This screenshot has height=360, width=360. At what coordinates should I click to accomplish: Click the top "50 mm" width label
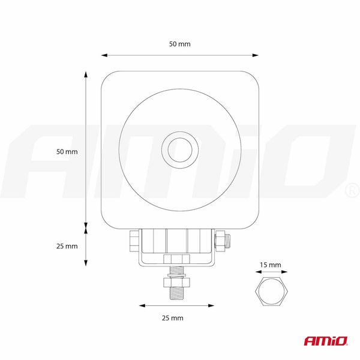pyautogui.click(x=180, y=44)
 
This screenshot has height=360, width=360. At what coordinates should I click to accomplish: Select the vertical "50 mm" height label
pyautogui.click(x=67, y=152)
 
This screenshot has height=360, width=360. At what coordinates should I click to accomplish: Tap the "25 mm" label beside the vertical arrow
pyautogui.click(x=67, y=246)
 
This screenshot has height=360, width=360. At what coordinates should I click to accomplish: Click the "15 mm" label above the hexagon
pyautogui.click(x=271, y=265)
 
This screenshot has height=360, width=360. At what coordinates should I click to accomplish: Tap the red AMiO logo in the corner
pyautogui.click(x=325, y=341)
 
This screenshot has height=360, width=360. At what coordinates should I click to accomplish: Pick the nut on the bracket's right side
pyautogui.click(x=220, y=241)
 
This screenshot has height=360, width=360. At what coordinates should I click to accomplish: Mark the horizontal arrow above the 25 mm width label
pyautogui.click(x=176, y=305)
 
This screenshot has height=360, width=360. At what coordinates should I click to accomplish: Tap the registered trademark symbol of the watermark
pyautogui.click(x=350, y=191)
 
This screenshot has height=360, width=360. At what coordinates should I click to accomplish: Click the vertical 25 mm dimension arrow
pyautogui.click(x=86, y=246)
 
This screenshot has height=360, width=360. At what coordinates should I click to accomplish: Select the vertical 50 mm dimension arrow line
pyautogui.click(x=86, y=150)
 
